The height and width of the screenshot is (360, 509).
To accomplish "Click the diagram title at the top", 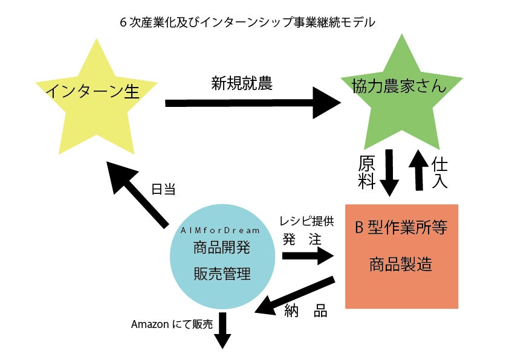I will coord(248,23).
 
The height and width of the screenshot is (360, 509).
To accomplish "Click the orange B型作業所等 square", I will coord(401,256).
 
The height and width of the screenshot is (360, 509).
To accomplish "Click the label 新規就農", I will coord(241,83).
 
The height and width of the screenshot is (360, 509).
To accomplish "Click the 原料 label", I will coord(367,172).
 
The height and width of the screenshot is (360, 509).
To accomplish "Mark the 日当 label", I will coord(163,190).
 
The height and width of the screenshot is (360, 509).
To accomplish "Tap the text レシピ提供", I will coord(306,222).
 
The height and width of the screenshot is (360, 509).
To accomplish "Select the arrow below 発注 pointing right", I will coord(308,255).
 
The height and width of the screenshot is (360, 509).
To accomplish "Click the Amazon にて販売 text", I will coord(172,324).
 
